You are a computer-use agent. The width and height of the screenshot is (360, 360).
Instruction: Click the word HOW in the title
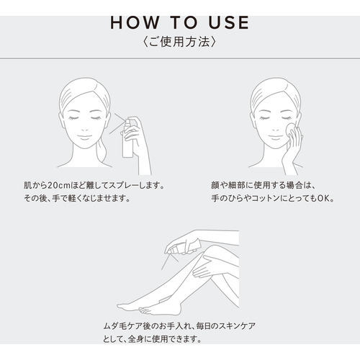click(x=135, y=23)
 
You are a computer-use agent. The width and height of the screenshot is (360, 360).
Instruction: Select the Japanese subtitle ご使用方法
click(x=179, y=42)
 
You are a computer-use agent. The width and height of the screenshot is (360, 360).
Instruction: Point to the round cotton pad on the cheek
click(x=290, y=131)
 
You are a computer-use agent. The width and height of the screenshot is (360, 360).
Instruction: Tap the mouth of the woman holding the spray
click(x=85, y=138)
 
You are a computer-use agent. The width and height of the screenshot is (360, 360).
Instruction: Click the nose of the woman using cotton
click(x=275, y=127)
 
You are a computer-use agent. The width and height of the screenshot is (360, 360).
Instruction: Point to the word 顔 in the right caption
click(x=215, y=186)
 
